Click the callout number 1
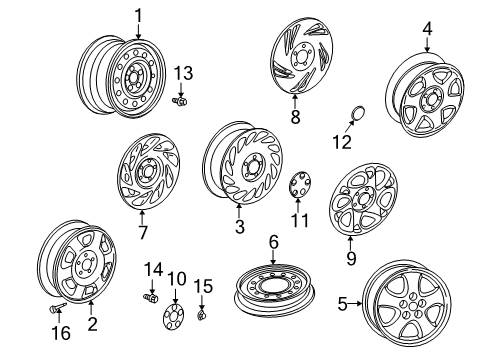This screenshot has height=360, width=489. (x=139, y=14)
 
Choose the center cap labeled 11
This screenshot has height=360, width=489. (x=299, y=186)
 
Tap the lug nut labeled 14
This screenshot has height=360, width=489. (x=153, y=298)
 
